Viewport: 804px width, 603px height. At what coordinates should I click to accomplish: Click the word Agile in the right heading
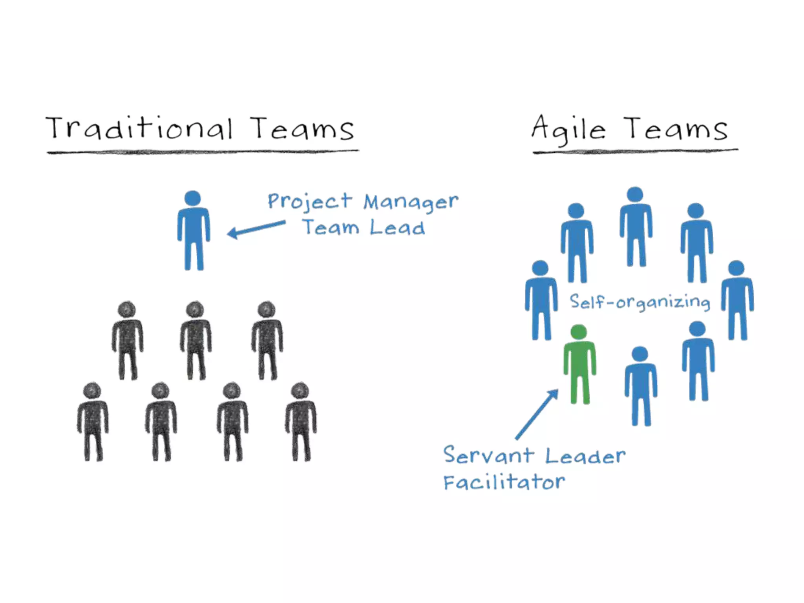[x=568, y=128]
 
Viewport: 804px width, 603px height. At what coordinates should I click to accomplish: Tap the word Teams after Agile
[x=676, y=129]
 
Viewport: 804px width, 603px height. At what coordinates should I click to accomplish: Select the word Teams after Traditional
[x=302, y=129]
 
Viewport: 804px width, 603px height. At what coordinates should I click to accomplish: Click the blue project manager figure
[x=194, y=232]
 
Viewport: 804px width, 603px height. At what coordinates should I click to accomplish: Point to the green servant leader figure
[x=579, y=365]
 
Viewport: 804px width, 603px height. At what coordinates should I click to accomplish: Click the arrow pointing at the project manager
[x=256, y=229]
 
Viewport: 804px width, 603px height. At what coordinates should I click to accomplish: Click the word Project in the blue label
[x=310, y=201]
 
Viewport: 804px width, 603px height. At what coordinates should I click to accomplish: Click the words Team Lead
[x=364, y=228]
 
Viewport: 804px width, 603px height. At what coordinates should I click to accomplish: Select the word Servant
[x=488, y=455]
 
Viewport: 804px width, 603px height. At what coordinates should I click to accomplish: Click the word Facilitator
[x=504, y=482]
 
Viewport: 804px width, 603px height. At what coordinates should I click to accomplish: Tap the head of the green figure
[x=579, y=332]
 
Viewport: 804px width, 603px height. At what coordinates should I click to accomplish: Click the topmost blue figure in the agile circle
[x=636, y=228]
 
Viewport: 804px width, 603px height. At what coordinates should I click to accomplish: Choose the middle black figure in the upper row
[x=196, y=341]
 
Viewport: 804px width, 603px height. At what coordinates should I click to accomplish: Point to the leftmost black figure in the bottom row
[x=93, y=422]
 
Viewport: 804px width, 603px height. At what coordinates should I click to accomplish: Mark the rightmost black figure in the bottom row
[x=301, y=422]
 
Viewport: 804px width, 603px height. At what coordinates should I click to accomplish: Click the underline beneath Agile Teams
[x=635, y=151]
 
